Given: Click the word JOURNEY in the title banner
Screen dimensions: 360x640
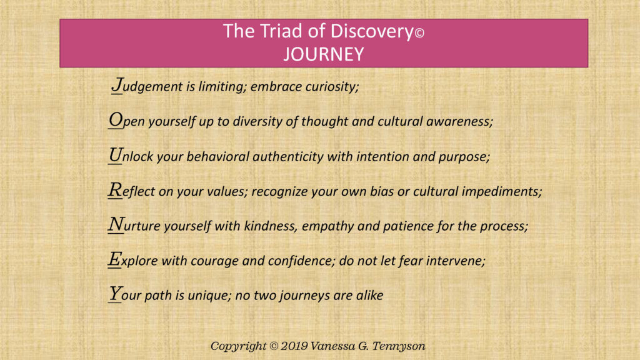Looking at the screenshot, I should pos(323,54).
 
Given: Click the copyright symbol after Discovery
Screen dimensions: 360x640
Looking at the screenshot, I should pos(419,34).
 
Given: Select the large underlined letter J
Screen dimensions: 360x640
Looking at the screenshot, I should pos(117,85).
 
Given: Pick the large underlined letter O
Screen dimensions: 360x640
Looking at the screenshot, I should pos(115,120).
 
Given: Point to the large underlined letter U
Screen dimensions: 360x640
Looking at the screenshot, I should pos(115,155).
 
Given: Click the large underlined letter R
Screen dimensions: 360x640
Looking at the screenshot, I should pos(115,191).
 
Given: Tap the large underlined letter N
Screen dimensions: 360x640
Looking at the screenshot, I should pos(116,225).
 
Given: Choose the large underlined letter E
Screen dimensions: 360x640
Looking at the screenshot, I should pos(115,260).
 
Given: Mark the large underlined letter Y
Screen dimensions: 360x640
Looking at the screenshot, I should pos(115,294).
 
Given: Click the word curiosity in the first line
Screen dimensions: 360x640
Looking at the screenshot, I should pos(331,87).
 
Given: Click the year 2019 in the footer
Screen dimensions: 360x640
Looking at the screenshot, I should pos(290,346).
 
